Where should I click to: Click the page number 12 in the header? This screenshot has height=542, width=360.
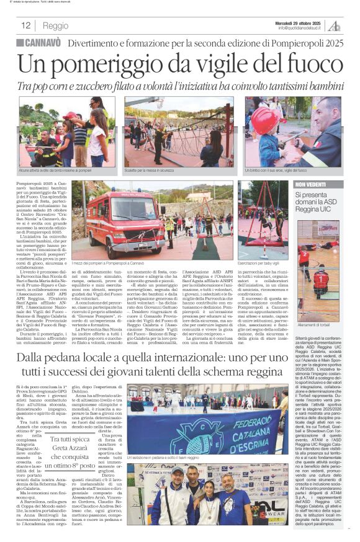[x=25, y=26]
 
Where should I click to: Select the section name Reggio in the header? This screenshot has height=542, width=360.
[x=56, y=26]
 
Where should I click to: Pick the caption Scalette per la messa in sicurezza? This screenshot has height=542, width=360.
[x=152, y=170]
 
